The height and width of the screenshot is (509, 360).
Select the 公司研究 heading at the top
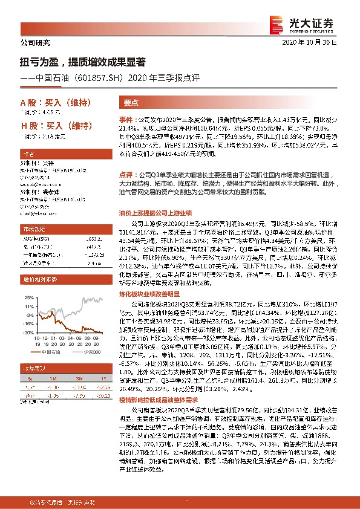(x=36, y=43)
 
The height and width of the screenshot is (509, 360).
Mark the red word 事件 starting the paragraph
(x=125, y=120)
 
